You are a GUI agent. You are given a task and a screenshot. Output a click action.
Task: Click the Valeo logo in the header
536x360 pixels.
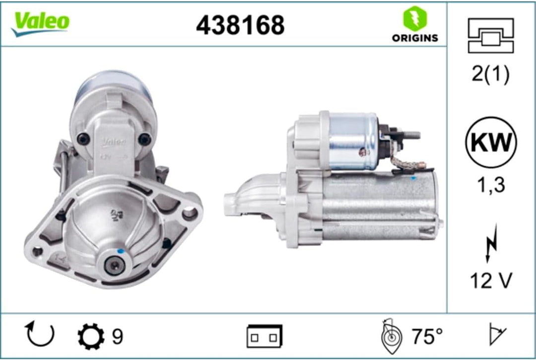coord(40,23)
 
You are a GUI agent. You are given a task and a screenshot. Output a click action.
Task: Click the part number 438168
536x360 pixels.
coord(240,25)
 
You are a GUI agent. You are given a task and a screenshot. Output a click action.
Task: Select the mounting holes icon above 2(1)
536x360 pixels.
coord(491,36)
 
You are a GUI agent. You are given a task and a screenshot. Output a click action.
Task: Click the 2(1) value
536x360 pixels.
coord(490,74)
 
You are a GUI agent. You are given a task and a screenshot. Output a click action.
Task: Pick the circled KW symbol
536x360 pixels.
coord(491,142)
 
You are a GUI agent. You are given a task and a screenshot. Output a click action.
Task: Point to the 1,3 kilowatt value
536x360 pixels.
coord(491,185)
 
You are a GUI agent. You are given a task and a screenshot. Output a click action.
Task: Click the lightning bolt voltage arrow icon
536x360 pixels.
coord(491,243)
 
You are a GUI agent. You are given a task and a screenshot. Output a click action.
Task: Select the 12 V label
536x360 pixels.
coord(491,281)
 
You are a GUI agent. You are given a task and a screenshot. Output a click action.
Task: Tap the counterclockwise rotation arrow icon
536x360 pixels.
coord(40,334)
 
